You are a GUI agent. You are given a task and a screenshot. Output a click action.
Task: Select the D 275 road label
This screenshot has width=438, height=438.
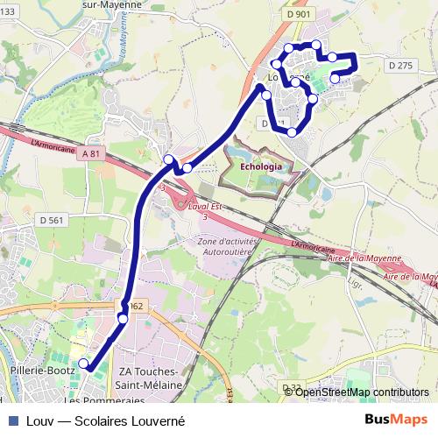(x=399, y=65)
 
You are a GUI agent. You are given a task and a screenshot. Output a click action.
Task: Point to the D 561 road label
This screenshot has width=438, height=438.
(x=52, y=220)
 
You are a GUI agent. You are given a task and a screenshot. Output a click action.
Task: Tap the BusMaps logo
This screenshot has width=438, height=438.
(x=398, y=420)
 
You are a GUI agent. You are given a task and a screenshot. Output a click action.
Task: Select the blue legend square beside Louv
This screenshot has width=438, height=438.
(x=13, y=420)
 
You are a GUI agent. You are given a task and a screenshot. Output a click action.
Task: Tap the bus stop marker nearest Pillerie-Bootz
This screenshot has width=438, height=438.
(x=84, y=364)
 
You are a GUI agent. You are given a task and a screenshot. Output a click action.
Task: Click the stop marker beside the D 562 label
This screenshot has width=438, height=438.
(x=123, y=319)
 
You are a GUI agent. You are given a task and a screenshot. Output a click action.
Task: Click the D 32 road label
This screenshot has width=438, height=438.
(x=292, y=387)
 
